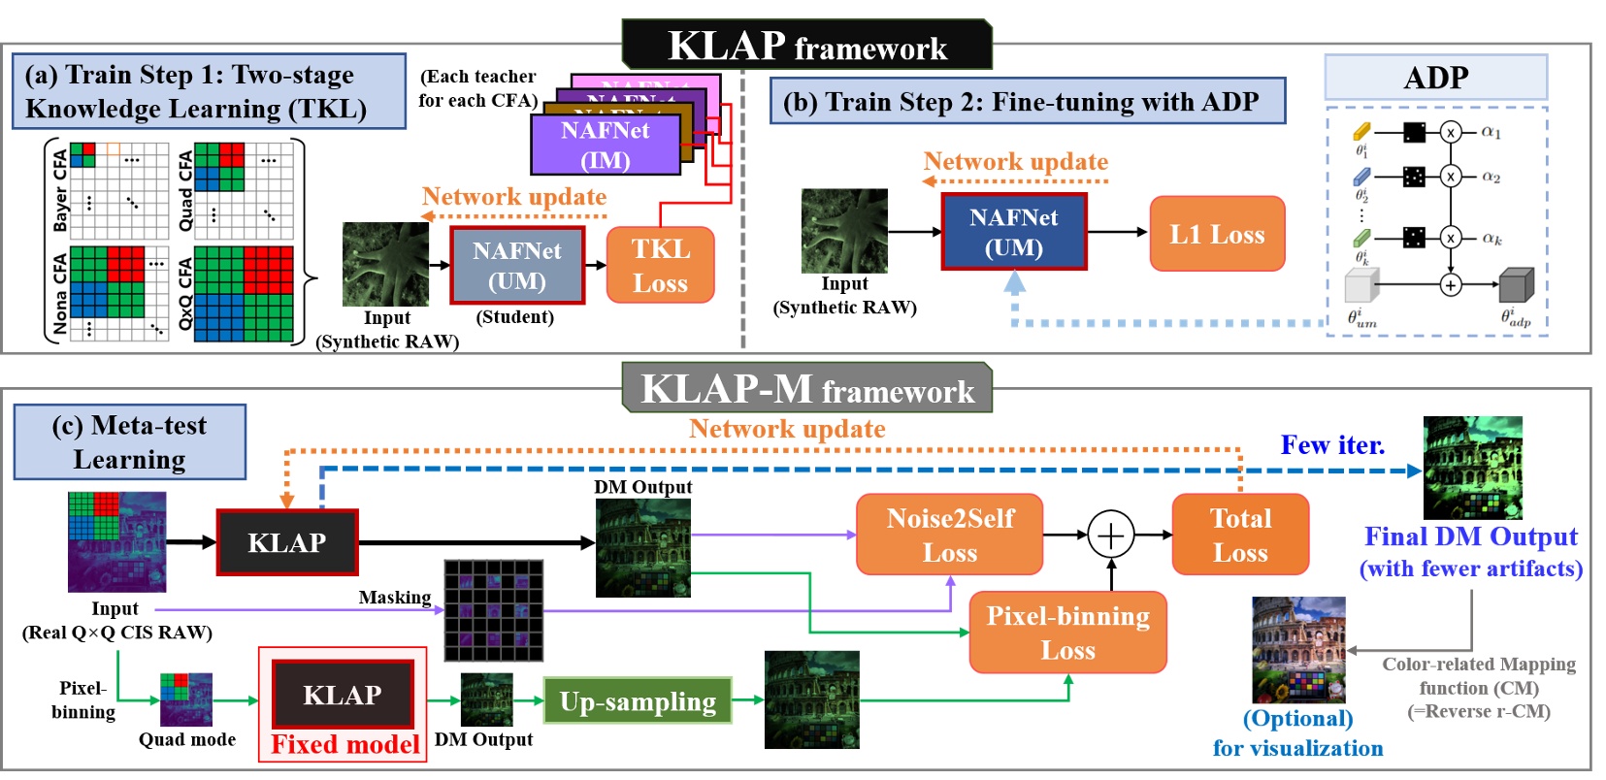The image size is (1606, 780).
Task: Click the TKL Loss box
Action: coord(660,266)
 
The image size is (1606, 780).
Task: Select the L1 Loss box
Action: coord(1217,234)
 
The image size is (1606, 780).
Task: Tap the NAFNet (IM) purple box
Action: coord(605,145)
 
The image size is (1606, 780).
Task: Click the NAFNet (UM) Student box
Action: coord(517,266)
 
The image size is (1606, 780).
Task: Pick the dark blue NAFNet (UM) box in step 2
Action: coord(1013,232)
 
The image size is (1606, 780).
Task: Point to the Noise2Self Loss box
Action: coord(949,535)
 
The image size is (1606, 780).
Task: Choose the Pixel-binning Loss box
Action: coord(1067,632)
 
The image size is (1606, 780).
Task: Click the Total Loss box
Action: coord(1240,535)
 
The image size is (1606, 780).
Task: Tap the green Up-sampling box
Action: coord(638,700)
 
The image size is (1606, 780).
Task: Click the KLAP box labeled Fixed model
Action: coord(343,695)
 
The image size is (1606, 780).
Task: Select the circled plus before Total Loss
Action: coord(1111,535)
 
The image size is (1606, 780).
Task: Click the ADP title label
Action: coord(1435,77)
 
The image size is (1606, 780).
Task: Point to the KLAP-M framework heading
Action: coord(807,389)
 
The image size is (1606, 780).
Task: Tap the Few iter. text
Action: coord(1332,444)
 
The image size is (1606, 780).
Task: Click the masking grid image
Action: coord(493,610)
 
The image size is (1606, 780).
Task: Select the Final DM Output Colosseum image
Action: coord(1472,468)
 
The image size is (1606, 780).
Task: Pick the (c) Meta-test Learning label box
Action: coord(129,442)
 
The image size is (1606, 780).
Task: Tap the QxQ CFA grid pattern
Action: coord(244,294)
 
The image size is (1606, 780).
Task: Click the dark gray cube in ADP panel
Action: coord(1515,285)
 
